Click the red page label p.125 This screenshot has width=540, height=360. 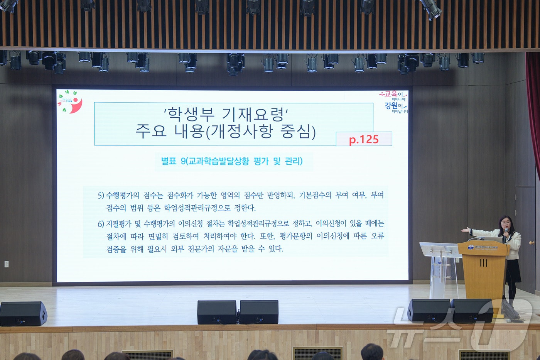tap(364, 139)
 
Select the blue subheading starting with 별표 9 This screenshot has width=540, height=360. tap(232, 161)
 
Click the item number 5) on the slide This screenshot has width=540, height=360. tap(101, 195)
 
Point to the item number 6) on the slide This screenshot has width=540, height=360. tap(101, 224)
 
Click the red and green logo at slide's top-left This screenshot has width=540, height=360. tap(71, 102)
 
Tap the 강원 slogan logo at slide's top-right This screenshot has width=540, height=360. tap(394, 102)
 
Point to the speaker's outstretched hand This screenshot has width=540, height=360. tap(466, 230)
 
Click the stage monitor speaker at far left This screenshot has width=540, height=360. tap(23, 313)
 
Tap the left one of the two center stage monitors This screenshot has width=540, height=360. tap(217, 312)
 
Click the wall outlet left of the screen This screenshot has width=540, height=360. tap(6, 264)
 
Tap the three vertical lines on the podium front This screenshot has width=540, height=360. tap(483, 263)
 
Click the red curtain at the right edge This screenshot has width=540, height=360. tap(534, 108)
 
